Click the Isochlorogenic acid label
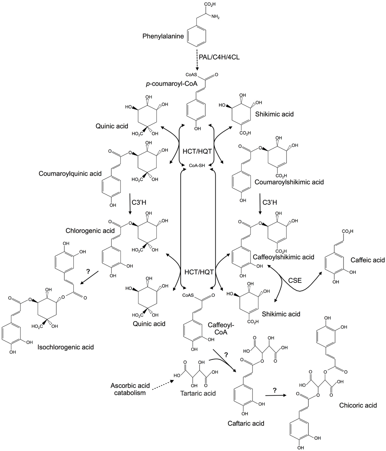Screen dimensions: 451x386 66,347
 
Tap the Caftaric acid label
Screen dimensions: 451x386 246,423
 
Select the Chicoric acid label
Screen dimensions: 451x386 358,405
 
